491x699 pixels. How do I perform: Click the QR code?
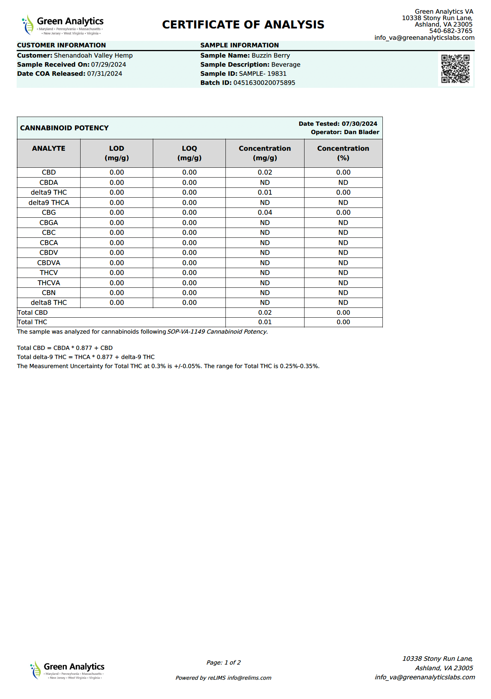point(455,69)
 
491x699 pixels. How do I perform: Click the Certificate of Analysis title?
point(243,25)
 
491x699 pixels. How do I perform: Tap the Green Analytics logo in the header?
point(62,25)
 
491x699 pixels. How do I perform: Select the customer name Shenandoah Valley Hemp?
point(93,56)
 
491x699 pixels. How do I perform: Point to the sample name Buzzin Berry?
point(270,56)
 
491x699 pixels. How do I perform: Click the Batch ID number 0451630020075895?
point(264,83)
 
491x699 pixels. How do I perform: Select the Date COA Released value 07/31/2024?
point(104,74)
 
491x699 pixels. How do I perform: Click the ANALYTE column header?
point(48,148)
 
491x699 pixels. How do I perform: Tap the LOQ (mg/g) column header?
point(189,153)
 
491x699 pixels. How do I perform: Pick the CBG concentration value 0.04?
point(265,213)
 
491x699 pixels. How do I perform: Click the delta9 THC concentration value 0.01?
point(265,193)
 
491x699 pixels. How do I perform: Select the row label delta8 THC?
point(48,303)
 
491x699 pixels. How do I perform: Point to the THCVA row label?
point(48,283)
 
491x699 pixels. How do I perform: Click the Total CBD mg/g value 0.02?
point(265,313)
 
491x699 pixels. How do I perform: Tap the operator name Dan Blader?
point(361,132)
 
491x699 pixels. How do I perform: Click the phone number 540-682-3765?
point(451,31)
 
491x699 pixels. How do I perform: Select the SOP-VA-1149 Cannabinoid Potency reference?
point(217,332)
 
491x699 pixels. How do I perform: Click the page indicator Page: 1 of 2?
point(224,663)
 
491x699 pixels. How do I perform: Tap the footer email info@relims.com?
point(249,678)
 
